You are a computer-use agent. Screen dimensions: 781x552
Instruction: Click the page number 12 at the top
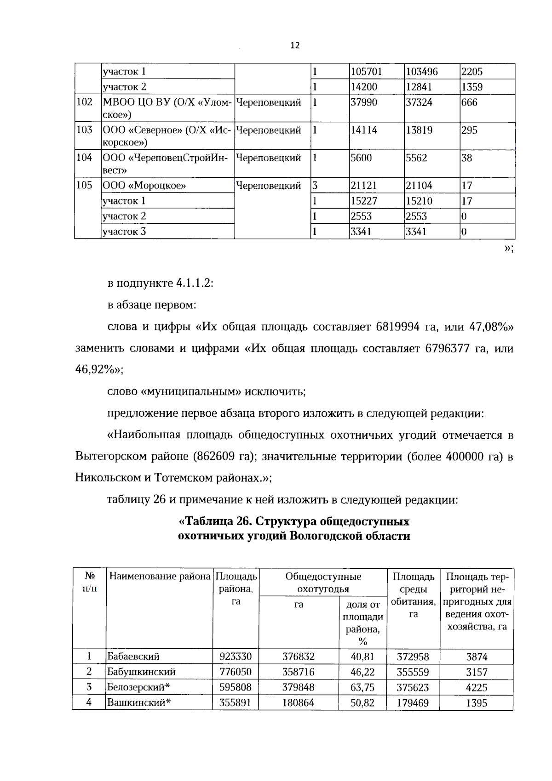coord(295,45)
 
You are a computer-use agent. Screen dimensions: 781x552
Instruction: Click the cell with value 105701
coord(366,72)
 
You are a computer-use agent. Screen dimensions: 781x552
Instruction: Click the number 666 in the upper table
coord(469,102)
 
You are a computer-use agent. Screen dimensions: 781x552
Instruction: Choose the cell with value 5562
coord(416,158)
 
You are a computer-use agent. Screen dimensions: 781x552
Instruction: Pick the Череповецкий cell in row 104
coord(268,158)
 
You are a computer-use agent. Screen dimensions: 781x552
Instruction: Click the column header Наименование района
coord(159,576)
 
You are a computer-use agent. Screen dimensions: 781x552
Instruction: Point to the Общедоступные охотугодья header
coord(323,583)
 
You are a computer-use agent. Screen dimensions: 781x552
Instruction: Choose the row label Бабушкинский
coord(141,672)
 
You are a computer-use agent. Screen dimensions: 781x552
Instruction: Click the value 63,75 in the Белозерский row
coord(362,688)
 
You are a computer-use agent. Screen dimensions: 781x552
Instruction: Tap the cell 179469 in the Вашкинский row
coord(413,703)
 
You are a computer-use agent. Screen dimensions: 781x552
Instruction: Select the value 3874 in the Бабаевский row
coord(476,657)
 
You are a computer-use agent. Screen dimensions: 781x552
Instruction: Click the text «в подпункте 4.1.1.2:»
coord(160,283)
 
